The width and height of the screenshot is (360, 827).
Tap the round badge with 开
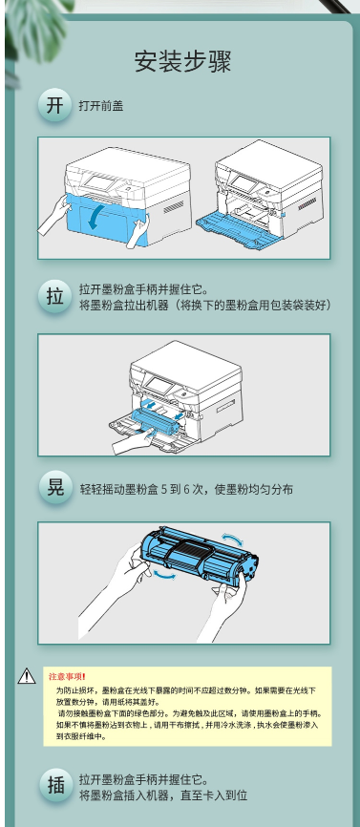(54, 104)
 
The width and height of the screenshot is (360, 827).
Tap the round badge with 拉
(54, 296)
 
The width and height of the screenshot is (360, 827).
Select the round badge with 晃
(54, 487)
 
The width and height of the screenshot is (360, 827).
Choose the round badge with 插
(54, 785)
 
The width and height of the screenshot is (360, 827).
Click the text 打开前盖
(101, 105)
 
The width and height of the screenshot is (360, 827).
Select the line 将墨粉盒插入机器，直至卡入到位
(163, 795)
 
